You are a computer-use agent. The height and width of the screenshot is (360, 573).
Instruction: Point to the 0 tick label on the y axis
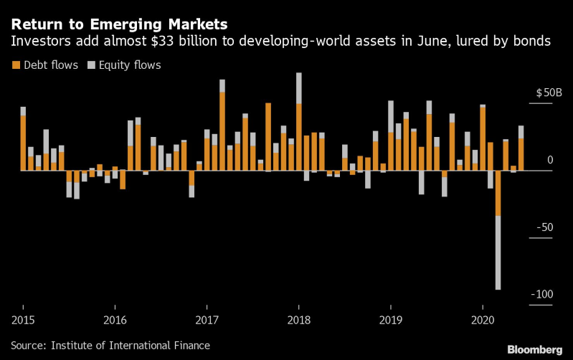550,160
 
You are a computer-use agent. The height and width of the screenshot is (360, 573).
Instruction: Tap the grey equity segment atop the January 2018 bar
298,88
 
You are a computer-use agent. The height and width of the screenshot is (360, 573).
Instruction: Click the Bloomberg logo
534,349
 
